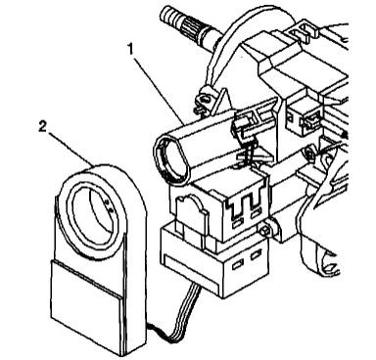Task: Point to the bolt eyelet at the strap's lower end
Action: pos(208,97)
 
